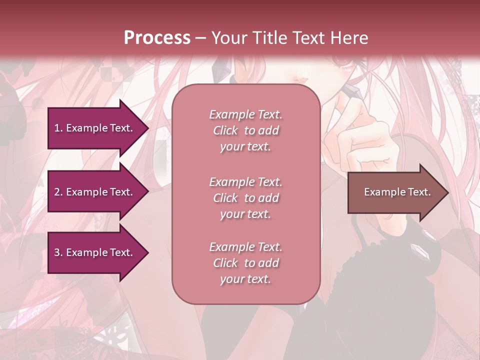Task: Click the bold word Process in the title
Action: point(157,38)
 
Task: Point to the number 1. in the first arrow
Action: point(58,128)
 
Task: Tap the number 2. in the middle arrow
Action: point(58,192)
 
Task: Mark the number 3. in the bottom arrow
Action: point(58,252)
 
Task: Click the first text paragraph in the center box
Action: point(245,130)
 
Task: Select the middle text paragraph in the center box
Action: point(245,198)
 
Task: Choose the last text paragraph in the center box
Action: point(245,263)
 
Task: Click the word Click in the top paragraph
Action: point(225,130)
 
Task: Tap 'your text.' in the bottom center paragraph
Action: point(245,279)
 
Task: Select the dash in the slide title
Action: point(201,38)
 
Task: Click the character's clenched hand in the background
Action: point(360,145)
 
